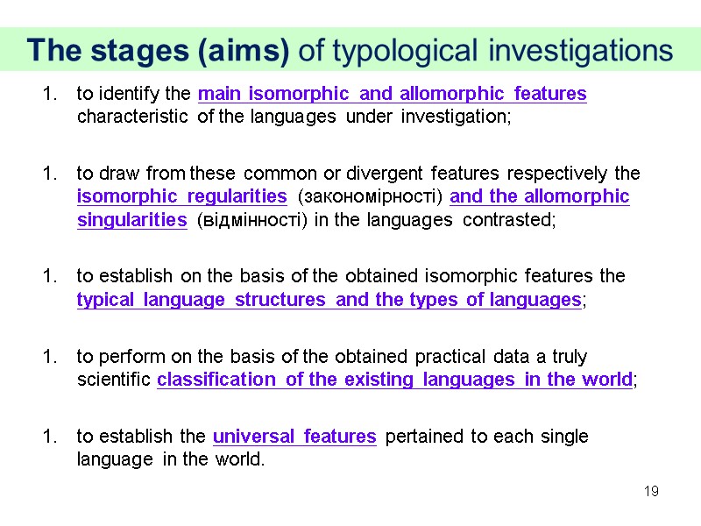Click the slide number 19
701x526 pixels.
[x=651, y=491]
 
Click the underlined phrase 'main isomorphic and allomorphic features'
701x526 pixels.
[x=393, y=94]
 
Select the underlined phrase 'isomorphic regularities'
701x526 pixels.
[x=182, y=195]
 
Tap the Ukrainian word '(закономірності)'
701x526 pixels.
[x=370, y=195]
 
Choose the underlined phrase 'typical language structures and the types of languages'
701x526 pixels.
[x=329, y=300]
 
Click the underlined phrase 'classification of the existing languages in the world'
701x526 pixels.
[x=394, y=380]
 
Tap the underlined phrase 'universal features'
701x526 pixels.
[x=294, y=437]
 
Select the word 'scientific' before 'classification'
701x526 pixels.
[x=114, y=380]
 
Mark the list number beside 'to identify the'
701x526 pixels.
[x=49, y=94]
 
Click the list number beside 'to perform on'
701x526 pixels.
[x=49, y=357]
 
